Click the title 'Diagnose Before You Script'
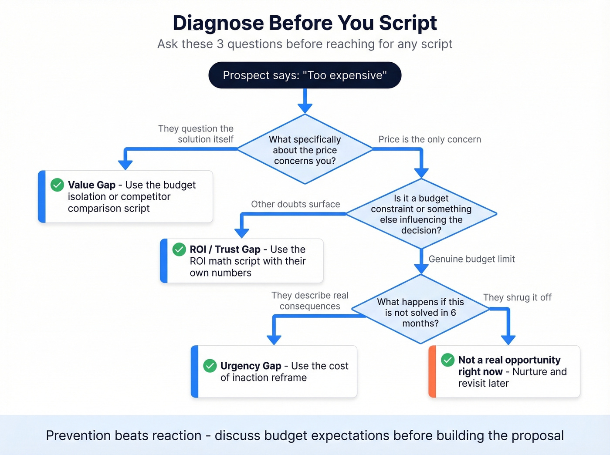coord(305,23)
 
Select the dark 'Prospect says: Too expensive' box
coord(305,75)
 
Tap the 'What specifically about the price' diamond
coord(305,150)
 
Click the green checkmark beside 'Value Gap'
coord(57,185)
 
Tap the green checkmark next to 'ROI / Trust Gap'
coord(179,249)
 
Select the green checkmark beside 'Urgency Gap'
coord(210,366)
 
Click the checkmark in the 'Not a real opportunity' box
coord(447,360)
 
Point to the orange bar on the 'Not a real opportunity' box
coord(432,371)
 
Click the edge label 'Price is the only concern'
coord(430,139)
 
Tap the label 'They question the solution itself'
coord(196,134)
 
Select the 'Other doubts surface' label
coord(295,204)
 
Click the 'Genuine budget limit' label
coord(471,259)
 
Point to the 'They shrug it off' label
coord(517,297)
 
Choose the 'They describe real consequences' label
coord(310,301)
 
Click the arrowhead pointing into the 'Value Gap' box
coord(125,165)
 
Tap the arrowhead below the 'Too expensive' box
coord(305,108)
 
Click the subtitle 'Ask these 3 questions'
coord(305,44)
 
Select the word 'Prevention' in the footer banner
coord(80,435)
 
